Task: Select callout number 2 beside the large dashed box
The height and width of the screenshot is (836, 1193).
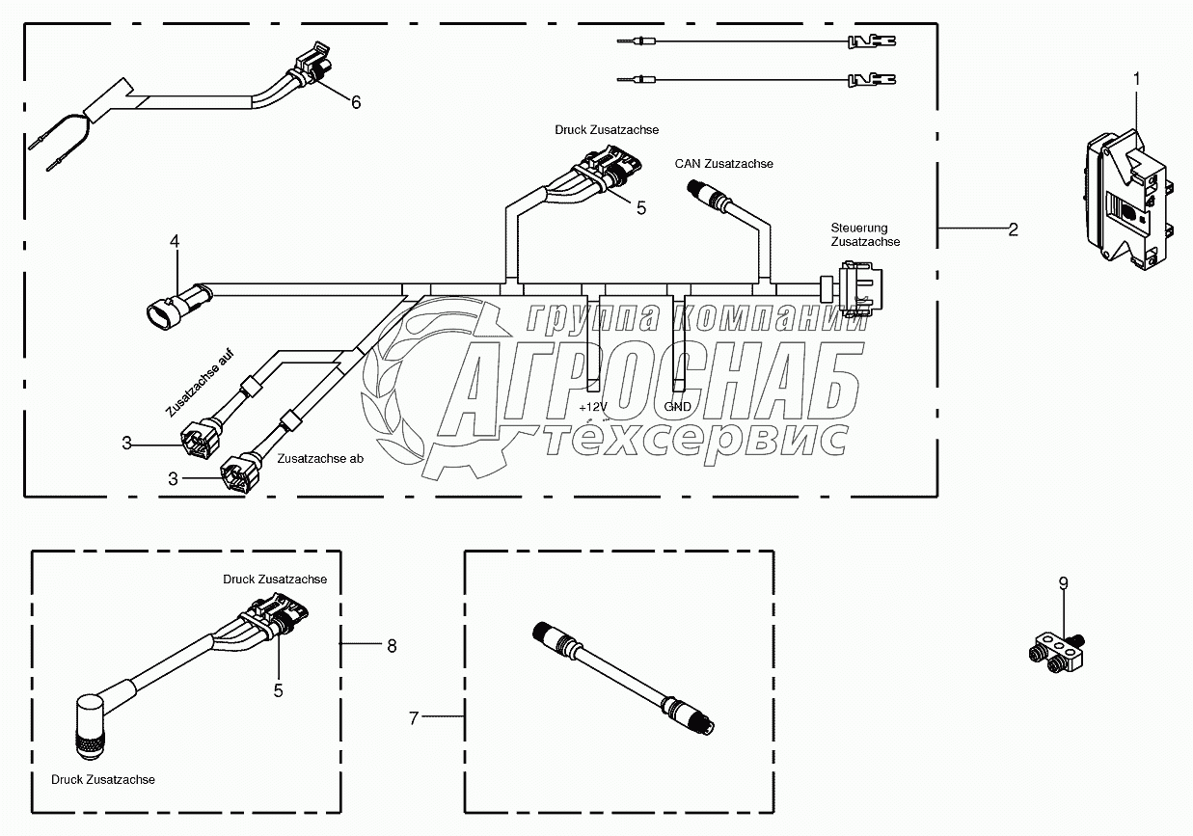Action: click(1013, 229)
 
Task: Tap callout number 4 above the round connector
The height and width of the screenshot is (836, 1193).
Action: click(175, 242)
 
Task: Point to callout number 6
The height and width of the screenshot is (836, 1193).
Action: click(356, 102)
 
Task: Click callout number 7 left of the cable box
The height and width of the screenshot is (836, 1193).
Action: click(414, 717)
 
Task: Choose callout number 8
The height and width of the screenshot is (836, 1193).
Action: click(392, 646)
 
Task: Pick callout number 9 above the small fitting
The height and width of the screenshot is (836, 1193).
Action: click(1063, 583)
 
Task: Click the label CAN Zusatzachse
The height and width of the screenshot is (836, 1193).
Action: click(723, 164)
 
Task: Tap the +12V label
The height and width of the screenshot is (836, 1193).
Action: click(593, 407)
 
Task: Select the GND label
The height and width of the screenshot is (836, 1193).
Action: click(677, 407)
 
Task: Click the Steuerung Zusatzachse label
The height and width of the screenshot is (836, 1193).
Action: click(865, 234)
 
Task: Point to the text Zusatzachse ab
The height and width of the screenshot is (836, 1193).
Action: click(320, 459)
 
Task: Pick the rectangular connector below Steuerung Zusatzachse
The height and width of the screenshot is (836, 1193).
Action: click(856, 288)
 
